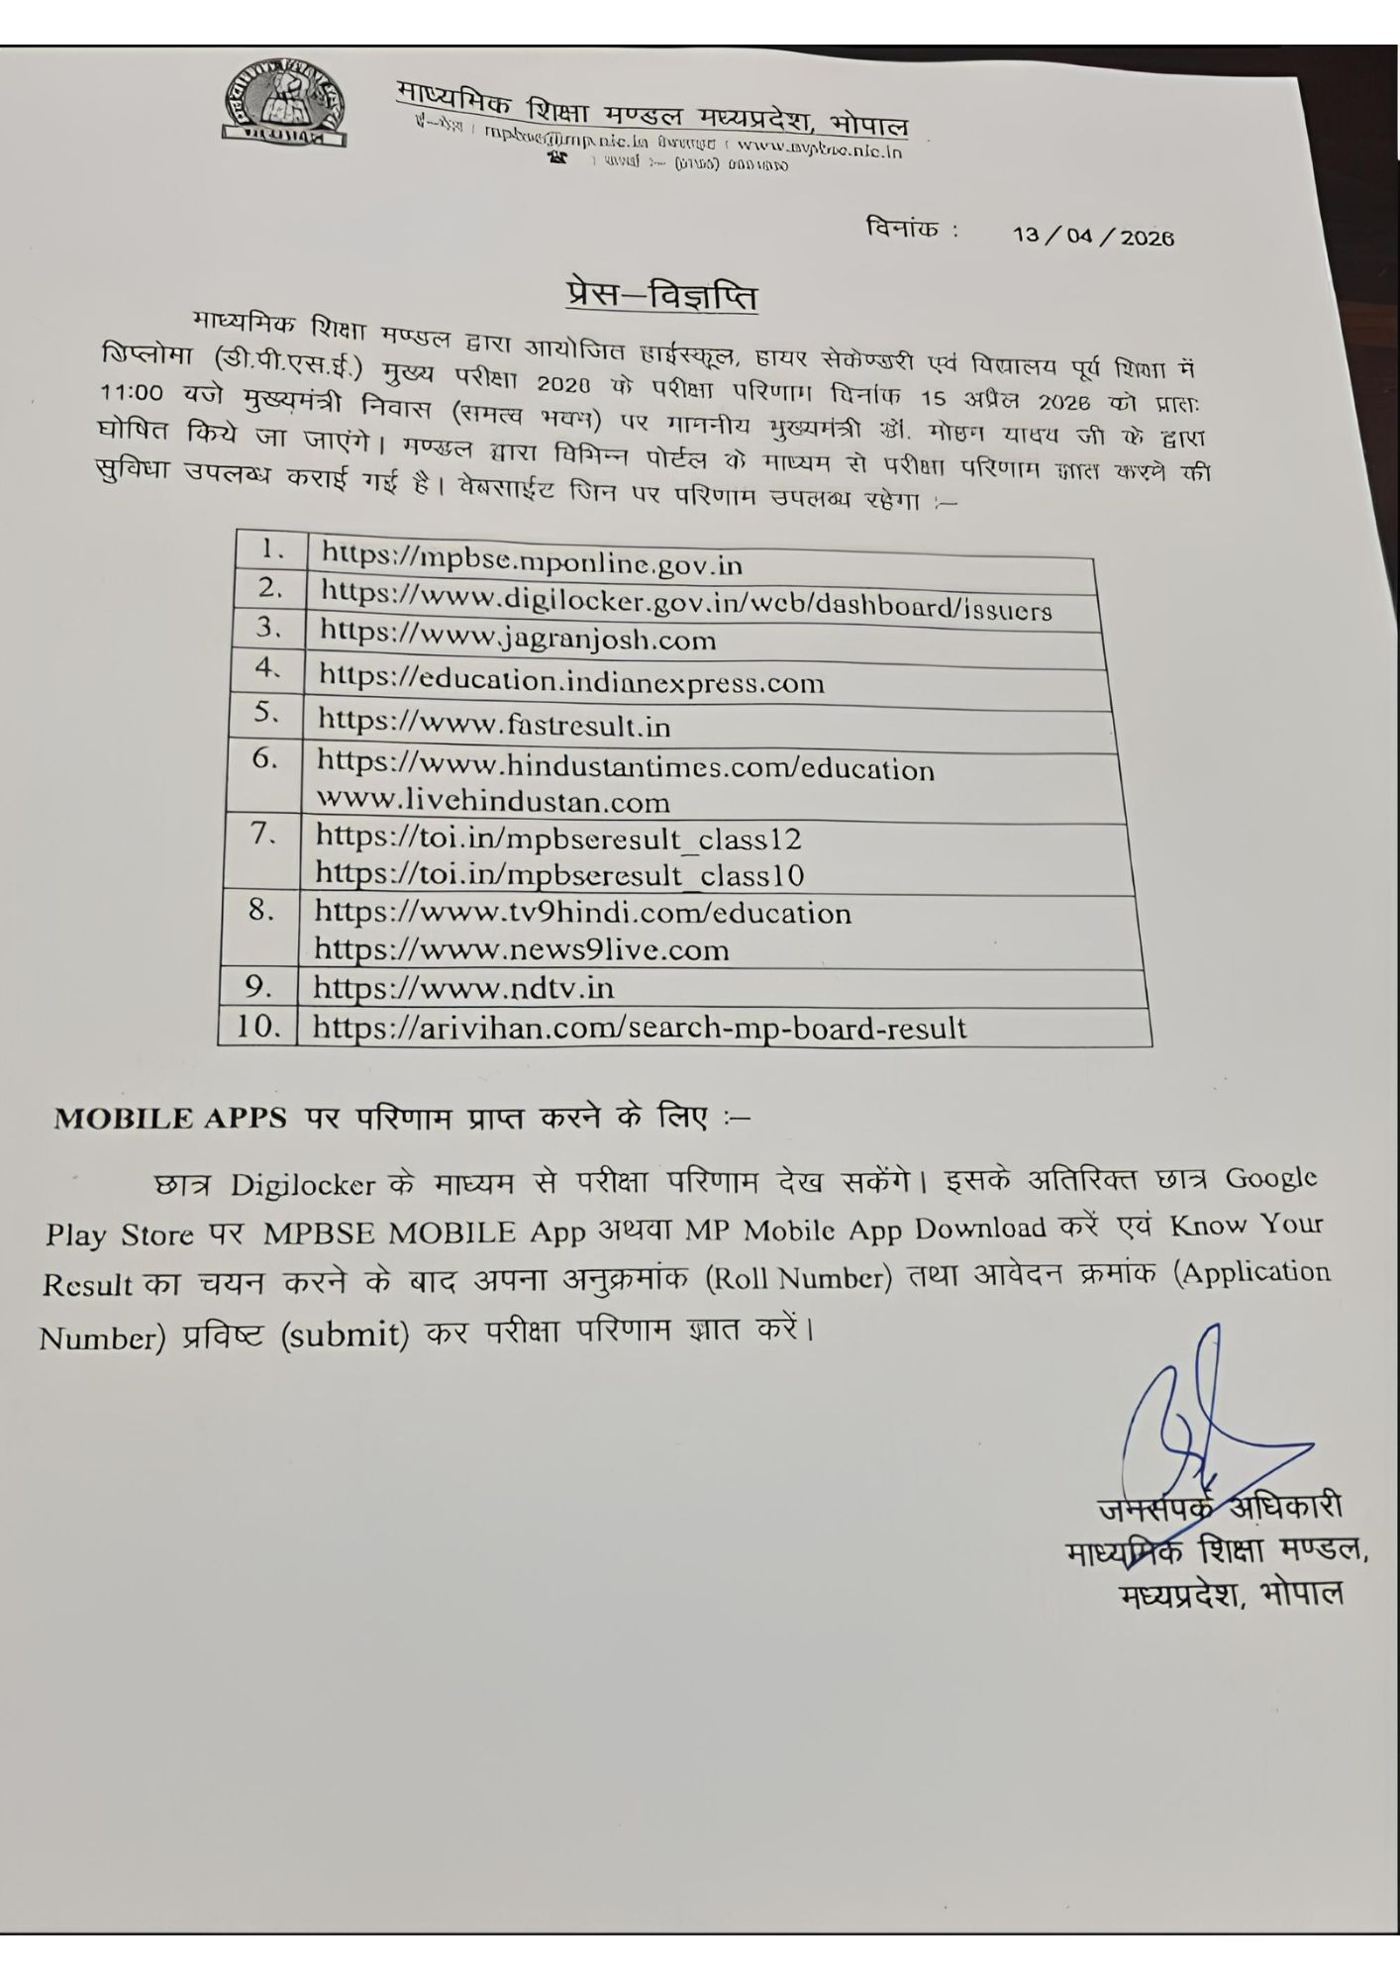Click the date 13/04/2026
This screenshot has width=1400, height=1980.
pyautogui.click(x=1092, y=237)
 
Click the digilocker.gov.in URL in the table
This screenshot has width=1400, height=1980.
pyautogui.click(x=685, y=601)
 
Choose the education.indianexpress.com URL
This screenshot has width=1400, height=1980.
pyautogui.click(x=570, y=680)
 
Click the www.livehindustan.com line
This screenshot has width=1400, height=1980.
pyautogui.click(x=492, y=801)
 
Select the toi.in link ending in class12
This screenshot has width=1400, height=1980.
pyautogui.click(x=557, y=839)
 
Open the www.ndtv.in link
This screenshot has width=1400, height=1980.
pyautogui.click(x=462, y=988)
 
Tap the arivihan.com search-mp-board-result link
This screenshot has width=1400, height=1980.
pyautogui.click(x=639, y=1028)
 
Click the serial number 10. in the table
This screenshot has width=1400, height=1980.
pyautogui.click(x=257, y=1026)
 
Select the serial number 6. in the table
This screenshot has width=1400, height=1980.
pyautogui.click(x=264, y=759)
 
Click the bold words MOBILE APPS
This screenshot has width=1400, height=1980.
pyautogui.click(x=170, y=1119)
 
